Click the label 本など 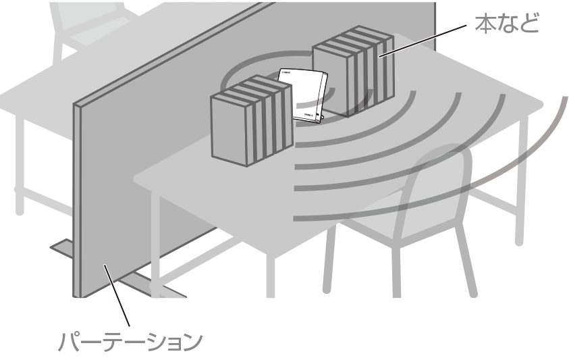tap(508, 24)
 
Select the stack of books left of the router tap(250, 122)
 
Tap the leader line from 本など tap(422, 42)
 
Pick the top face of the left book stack tap(243, 88)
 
